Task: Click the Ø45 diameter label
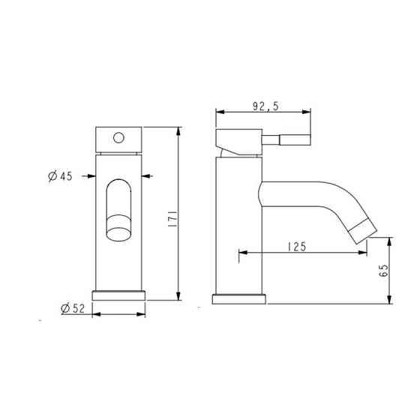coord(59,176)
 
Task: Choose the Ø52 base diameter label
coord(70,307)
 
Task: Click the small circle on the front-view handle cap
coord(117,137)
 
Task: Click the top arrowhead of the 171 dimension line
coord(178,131)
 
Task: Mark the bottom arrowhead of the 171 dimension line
coord(178,296)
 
